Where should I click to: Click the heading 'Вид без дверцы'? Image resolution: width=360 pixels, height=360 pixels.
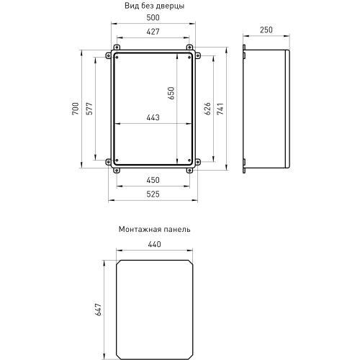[153, 6]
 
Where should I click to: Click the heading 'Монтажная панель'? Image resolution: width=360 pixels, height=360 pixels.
[153, 230]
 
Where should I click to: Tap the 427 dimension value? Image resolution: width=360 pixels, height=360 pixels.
[152, 32]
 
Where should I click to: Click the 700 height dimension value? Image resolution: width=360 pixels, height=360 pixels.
[76, 110]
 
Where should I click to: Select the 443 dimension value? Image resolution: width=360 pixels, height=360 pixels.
[152, 119]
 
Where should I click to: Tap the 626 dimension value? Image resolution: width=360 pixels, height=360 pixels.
[207, 110]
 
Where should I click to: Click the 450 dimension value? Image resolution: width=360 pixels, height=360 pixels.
[152, 181]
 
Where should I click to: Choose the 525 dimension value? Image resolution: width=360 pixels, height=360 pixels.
[152, 193]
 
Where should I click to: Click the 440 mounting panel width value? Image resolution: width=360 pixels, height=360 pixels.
[153, 245]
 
